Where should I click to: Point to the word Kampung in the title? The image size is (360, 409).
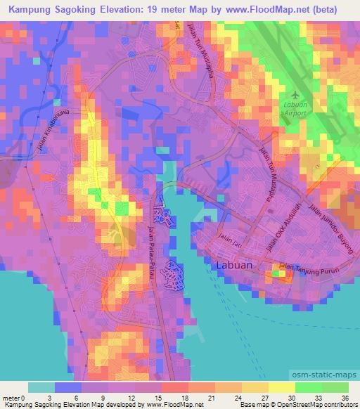pos(26,10)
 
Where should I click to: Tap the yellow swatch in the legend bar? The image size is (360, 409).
pos(282,387)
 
